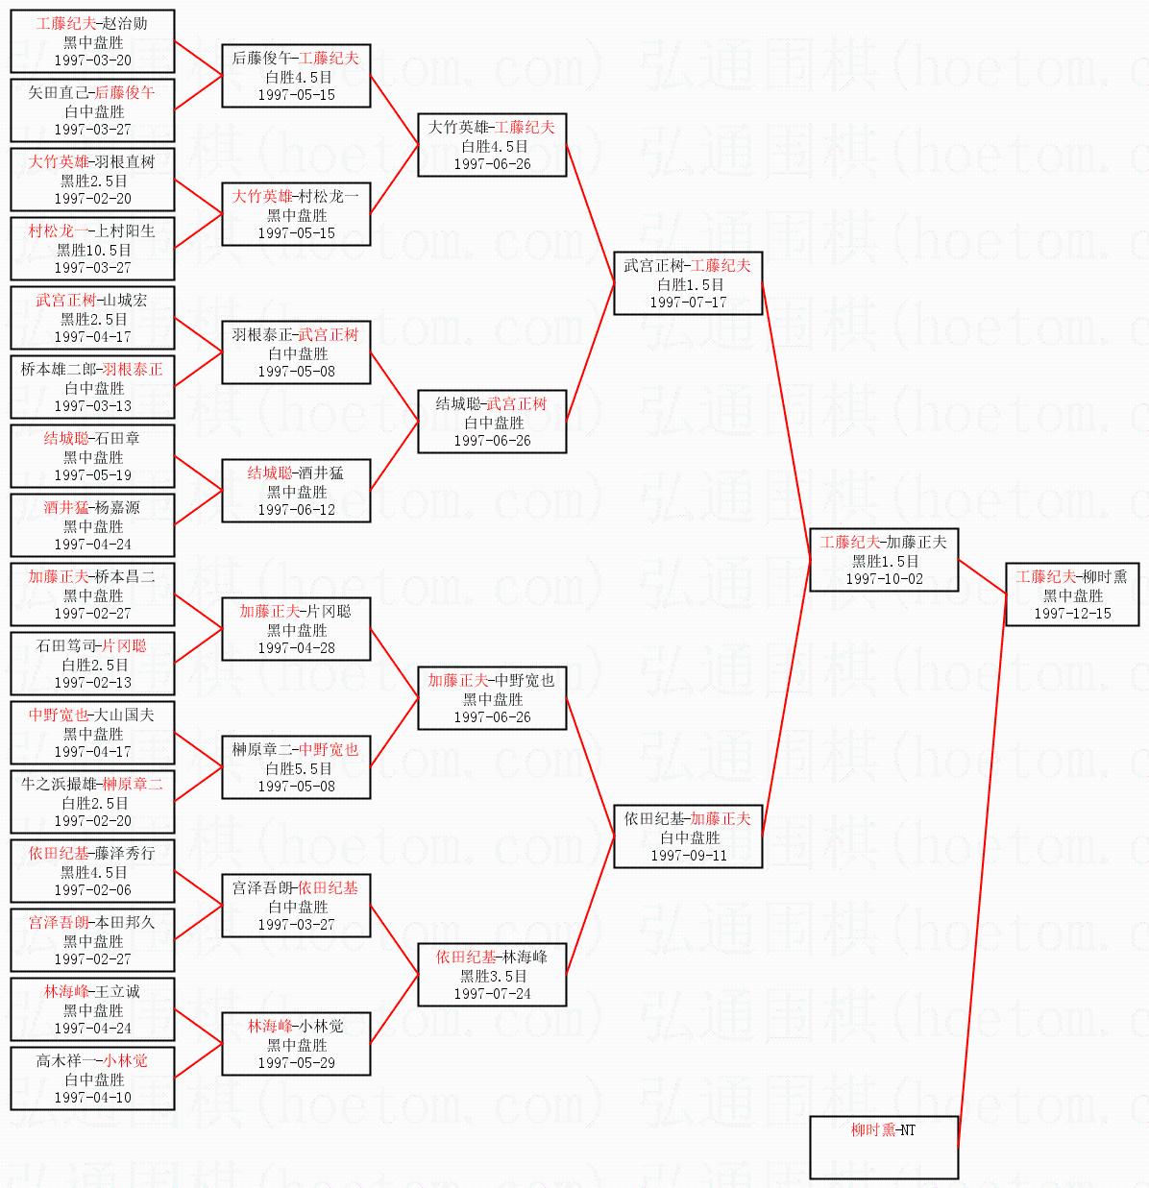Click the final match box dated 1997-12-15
coord(1071,594)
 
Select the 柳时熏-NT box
coord(884,1147)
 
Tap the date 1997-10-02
coord(884,579)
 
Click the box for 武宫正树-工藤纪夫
coord(688,283)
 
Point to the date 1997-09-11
coord(688,856)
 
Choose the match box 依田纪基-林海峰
coord(492,975)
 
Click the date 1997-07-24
coord(492,994)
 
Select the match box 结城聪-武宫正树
coord(492,422)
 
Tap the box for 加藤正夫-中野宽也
coord(492,698)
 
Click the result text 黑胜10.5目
coord(93,250)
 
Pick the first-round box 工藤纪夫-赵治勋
coord(92,41)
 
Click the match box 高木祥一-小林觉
coord(92,1079)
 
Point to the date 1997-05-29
coord(296,1063)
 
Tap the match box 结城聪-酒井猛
coord(296,491)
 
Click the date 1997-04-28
coord(296,648)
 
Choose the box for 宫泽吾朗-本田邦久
coord(92,940)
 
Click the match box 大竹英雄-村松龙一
coord(296,214)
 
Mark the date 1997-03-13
coord(92,406)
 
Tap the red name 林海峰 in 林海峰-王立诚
coord(64,991)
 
